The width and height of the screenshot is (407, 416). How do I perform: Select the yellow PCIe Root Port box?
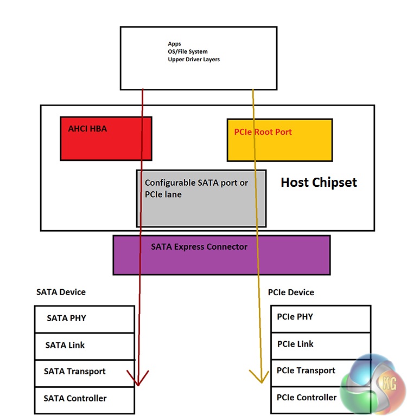click(279, 140)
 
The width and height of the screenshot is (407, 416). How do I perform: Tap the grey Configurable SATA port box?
click(201, 198)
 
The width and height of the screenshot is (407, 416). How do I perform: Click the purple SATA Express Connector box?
click(221, 255)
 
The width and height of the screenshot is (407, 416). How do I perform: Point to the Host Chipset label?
click(319, 183)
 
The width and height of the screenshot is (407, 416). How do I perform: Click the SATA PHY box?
click(84, 319)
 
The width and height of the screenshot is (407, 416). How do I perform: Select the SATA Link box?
click(84, 346)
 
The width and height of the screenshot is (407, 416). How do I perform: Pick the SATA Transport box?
click(84, 372)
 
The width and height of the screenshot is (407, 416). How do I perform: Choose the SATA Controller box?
click(84, 399)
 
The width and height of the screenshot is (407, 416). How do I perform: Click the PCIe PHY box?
click(320, 317)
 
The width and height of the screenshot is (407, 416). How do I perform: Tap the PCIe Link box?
click(320, 344)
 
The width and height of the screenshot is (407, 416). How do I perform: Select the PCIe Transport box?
click(320, 372)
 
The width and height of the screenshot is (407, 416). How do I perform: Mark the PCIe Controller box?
click(320, 398)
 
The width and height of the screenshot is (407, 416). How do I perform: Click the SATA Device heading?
click(61, 292)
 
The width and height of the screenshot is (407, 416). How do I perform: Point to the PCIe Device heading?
click(291, 292)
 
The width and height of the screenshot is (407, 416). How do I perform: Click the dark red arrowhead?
click(138, 379)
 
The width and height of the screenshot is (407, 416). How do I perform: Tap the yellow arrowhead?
click(260, 376)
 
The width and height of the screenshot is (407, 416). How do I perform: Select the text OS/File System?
click(188, 52)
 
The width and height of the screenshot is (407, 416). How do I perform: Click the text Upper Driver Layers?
click(194, 60)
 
